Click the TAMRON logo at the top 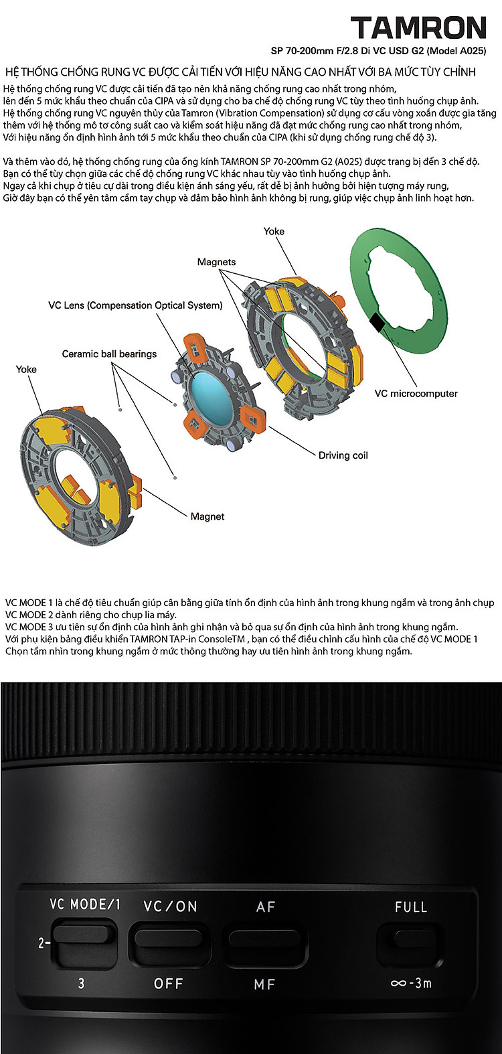point(418,27)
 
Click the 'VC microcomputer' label point(416,393)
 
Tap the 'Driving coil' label point(343,455)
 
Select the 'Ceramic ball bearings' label point(109,354)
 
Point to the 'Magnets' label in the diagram point(216,262)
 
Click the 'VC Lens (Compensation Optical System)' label point(135,305)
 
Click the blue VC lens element point(210,391)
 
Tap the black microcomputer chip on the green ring point(378,321)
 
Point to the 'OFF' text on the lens point(169,984)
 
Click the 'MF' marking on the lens point(264,984)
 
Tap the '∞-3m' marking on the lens point(411,983)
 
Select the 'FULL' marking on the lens point(411,907)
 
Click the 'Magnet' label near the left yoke point(207,517)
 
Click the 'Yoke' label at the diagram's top point(274,231)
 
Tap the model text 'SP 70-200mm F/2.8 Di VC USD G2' point(347,50)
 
